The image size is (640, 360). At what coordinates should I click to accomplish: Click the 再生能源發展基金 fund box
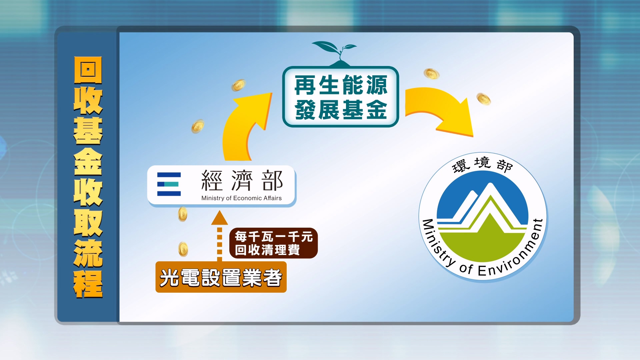(340, 97)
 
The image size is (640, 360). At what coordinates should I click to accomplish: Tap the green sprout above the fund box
(334, 53)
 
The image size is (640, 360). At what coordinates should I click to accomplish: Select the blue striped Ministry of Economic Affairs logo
(169, 184)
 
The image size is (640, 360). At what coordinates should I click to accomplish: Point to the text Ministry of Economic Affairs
(241, 198)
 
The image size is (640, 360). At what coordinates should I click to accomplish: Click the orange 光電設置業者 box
(221, 277)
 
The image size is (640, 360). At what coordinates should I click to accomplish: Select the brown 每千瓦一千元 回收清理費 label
(273, 243)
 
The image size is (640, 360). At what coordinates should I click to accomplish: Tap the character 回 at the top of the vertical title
(88, 70)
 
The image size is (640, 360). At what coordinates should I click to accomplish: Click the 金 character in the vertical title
(88, 161)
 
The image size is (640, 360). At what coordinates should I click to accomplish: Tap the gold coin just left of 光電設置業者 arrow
(183, 249)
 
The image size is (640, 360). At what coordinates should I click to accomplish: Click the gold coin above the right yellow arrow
(431, 74)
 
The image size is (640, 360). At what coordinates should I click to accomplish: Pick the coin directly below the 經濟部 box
(183, 214)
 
